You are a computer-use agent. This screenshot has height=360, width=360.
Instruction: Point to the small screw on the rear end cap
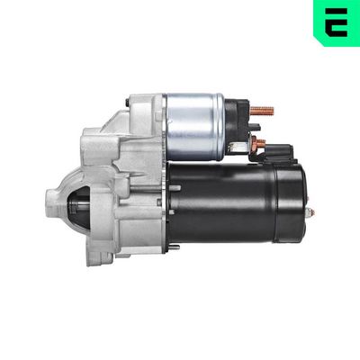click(310, 214)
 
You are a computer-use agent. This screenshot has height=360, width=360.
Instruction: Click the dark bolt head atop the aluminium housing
click(141, 105)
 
